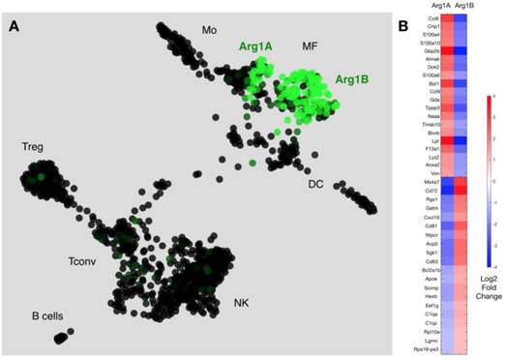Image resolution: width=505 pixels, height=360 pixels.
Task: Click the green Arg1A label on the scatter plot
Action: (254, 45)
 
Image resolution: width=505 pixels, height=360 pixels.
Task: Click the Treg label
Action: (34, 146)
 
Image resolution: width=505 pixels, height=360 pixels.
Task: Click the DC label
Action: (314, 183)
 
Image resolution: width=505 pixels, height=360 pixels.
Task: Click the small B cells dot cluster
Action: (64, 337)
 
